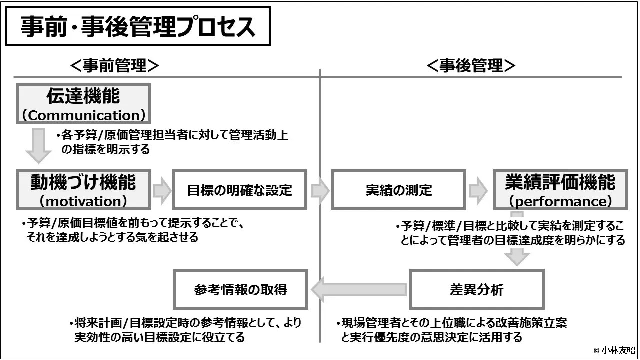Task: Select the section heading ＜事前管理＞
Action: [x=115, y=65]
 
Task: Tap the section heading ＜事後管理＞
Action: [x=471, y=65]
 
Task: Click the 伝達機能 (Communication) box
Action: [x=83, y=104]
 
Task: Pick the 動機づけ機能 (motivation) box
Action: [x=83, y=189]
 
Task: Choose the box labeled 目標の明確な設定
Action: [x=239, y=190]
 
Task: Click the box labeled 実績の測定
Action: [x=398, y=190]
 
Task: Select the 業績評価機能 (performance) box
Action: [x=560, y=189]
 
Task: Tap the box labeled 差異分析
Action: [x=476, y=289]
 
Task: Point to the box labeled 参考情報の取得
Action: [x=240, y=289]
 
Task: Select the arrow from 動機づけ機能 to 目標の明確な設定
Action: [x=162, y=190]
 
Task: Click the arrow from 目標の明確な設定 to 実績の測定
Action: [x=320, y=190]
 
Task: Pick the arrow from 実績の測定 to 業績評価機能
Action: [x=478, y=190]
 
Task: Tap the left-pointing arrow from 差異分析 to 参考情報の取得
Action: [x=358, y=290]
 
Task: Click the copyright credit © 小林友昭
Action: [x=614, y=350]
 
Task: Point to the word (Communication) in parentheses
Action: [x=83, y=115]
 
